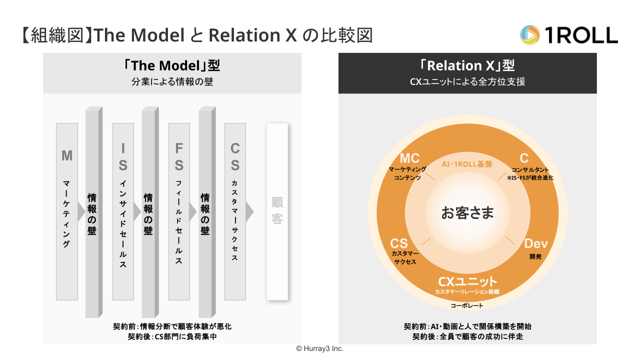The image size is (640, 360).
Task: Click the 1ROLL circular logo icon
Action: tap(530, 35)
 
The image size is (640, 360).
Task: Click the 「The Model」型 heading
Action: tap(172, 65)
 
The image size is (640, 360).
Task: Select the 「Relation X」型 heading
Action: tap(467, 65)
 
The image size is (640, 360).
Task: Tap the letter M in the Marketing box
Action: tap(67, 155)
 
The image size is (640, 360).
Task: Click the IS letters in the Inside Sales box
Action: tap(123, 156)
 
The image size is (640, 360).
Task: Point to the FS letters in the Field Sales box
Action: tap(179, 156)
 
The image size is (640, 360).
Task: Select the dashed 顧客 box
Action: tap(277, 211)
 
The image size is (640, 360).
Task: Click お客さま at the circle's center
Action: tap(467, 212)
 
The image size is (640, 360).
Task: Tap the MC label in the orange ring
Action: tap(409, 158)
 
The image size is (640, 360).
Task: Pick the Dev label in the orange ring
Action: tap(535, 244)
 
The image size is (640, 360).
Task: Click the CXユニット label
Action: tap(467, 281)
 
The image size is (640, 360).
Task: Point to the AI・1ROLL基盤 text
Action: tap(467, 164)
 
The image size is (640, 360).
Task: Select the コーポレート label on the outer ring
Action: tap(467, 305)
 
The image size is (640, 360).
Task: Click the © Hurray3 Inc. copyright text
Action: tap(319, 348)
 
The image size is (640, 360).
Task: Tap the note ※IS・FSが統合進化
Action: tap(530, 177)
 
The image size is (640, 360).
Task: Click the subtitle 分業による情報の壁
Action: tap(172, 81)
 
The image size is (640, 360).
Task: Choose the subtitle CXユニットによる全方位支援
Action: tap(467, 81)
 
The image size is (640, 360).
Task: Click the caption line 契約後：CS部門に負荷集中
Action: tap(172, 336)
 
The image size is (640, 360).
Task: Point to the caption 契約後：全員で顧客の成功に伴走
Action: tap(467, 336)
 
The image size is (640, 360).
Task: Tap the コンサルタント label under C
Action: tap(529, 170)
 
